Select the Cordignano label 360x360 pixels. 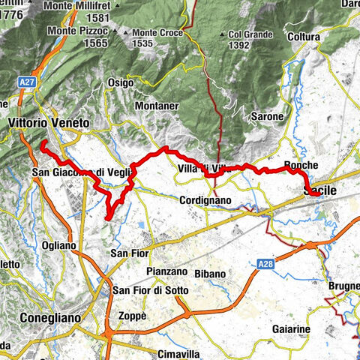pos(204,201)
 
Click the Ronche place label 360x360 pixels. pos(302,166)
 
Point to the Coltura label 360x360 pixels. pos(303,37)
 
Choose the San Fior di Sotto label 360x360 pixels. pos(145,290)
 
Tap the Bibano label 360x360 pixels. pos(210,274)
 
